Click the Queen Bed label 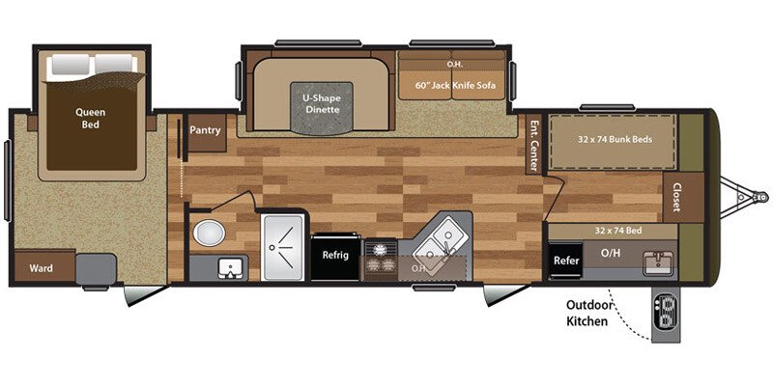[91, 117]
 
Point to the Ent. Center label [532, 141]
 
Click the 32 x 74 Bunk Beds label [615, 139]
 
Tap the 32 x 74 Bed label [611, 231]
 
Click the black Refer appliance [566, 259]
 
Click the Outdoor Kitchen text [587, 314]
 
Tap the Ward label [41, 267]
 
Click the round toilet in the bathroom [206, 232]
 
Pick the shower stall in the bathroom [284, 248]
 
